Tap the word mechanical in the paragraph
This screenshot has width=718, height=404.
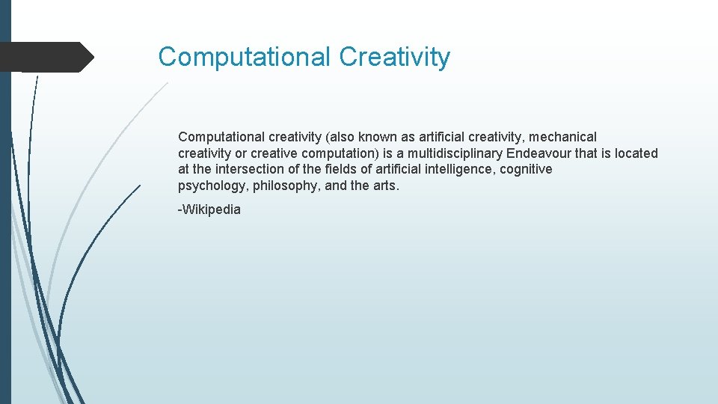(x=563, y=137)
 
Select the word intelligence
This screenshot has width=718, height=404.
(x=458, y=169)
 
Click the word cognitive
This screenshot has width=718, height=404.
(x=526, y=169)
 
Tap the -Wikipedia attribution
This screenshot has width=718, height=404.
(x=209, y=209)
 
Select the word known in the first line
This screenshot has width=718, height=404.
(x=378, y=137)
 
